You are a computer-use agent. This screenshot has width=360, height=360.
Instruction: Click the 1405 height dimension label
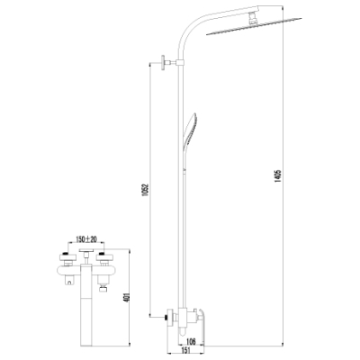[x=277, y=176]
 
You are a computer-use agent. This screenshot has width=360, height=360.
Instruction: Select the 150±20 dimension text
[x=85, y=239]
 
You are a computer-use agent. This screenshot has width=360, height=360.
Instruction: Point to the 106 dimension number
[x=191, y=341]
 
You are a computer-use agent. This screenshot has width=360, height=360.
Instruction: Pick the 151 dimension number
[x=186, y=350]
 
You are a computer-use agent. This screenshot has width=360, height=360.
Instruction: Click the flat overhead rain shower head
[x=255, y=26]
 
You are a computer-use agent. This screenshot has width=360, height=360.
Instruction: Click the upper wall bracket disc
[x=164, y=63]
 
